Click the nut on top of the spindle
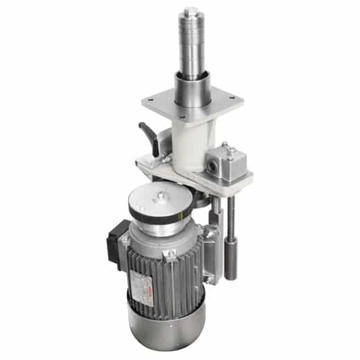[192, 12]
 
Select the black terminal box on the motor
[116, 239]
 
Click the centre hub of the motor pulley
[161, 199]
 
